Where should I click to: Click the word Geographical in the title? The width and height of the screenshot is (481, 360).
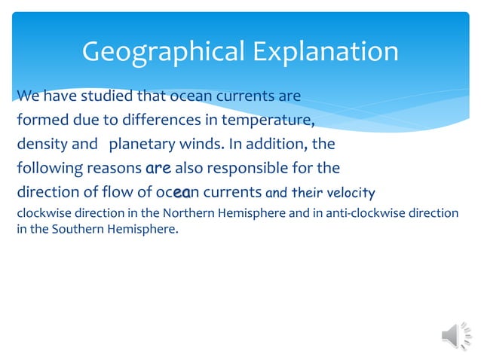[161, 52]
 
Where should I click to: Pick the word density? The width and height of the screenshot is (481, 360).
[41, 143]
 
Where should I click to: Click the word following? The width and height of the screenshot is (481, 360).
[47, 166]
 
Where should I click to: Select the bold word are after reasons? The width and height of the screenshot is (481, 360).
[158, 166]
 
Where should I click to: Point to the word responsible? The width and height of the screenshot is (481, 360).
[247, 166]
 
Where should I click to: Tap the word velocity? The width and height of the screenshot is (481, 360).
[349, 191]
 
